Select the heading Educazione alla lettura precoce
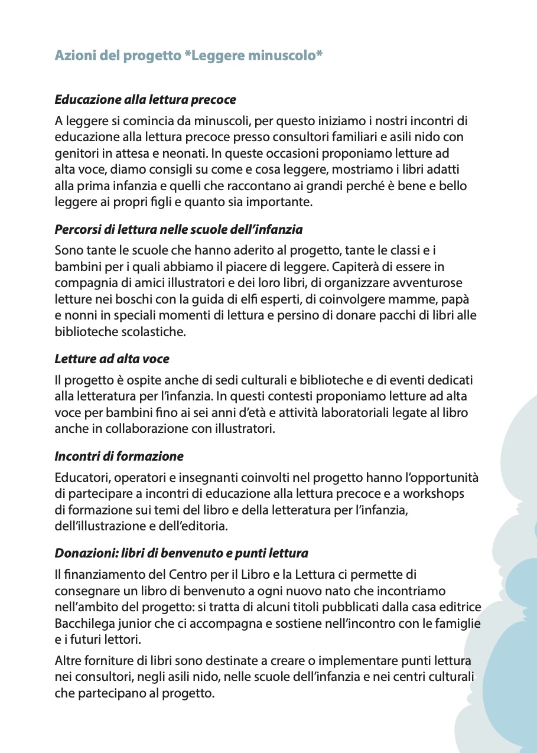pyautogui.click(x=145, y=99)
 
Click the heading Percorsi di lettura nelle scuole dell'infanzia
pyautogui.click(x=178, y=229)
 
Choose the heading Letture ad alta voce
pyautogui.click(x=112, y=358)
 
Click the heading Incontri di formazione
pyautogui.click(x=119, y=456)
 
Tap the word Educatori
pyautogui.click(x=81, y=477)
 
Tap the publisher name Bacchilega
pyautogui.click(x=83, y=623)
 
